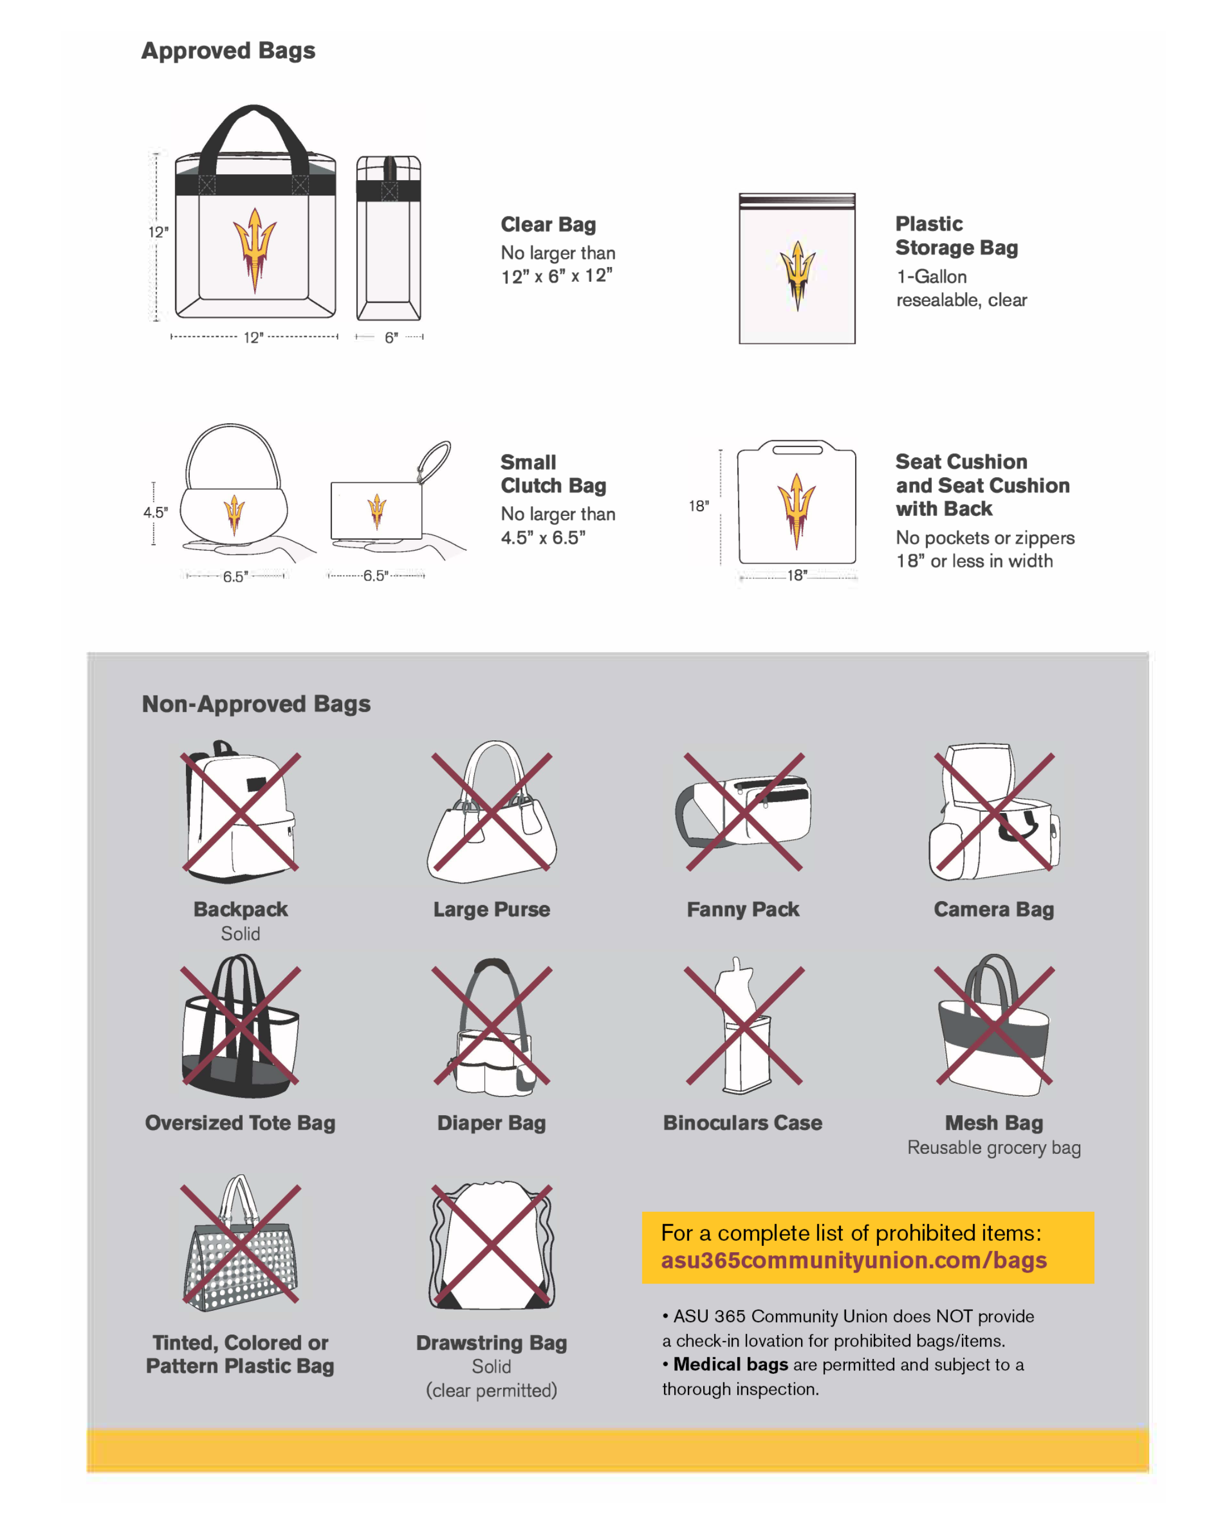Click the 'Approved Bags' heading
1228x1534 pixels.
(x=228, y=51)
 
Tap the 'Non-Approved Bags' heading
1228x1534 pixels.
(x=256, y=704)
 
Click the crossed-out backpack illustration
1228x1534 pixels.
(x=240, y=812)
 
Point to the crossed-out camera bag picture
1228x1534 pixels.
(x=994, y=812)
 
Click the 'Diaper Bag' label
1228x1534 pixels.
(x=491, y=1123)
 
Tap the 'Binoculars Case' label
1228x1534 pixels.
(x=742, y=1123)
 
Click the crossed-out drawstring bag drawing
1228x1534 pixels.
(x=491, y=1245)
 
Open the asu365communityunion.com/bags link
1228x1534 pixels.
(x=853, y=1260)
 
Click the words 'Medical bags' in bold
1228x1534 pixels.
(x=731, y=1364)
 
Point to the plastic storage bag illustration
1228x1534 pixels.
(x=796, y=268)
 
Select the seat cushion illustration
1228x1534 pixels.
(x=796, y=502)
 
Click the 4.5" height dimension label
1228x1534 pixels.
(x=155, y=512)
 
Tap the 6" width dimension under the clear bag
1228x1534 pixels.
(x=391, y=338)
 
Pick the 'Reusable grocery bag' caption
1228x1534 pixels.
(x=994, y=1148)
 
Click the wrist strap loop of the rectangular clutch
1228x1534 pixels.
(x=434, y=462)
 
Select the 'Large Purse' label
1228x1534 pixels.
(x=491, y=909)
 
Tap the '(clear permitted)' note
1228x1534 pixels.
(x=491, y=1390)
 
